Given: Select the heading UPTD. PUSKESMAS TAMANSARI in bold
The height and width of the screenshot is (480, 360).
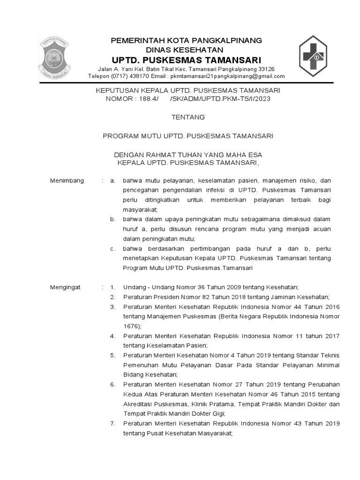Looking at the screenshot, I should click(186, 60).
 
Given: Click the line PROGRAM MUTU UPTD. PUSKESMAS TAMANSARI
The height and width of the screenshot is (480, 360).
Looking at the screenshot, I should click(188, 136).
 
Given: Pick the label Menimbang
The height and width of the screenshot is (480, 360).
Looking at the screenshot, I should click(67, 180).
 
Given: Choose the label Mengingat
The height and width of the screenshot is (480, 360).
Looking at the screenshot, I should click(66, 286).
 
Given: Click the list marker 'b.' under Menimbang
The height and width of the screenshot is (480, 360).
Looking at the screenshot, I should click(112, 219).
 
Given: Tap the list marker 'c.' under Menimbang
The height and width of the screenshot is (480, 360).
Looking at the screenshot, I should click(112, 248).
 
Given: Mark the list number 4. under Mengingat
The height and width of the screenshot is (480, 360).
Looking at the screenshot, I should click(112, 336).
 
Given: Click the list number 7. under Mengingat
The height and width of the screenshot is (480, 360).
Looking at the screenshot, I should click(112, 423).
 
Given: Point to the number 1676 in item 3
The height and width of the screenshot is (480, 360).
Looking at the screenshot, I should click(131, 326).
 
